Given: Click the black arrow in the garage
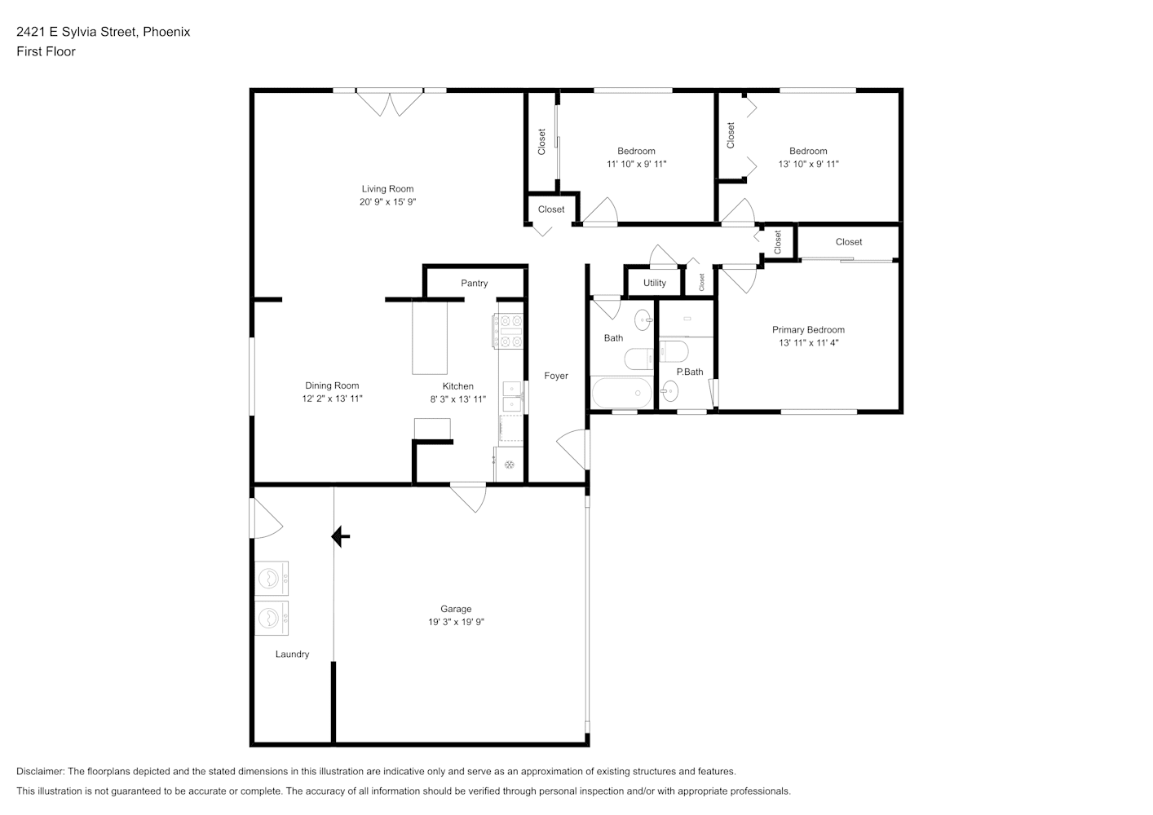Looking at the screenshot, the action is pos(340,536).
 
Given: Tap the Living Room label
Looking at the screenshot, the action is pos(387,189).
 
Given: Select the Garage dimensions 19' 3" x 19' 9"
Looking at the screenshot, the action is pos(456,622).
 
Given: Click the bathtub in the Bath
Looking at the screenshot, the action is pos(622,393).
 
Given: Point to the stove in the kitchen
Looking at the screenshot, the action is pos(509,332).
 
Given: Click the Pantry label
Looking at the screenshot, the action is pos(474,283).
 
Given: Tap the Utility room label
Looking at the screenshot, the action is pos(654,283).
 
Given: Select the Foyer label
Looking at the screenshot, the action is pos(556,376).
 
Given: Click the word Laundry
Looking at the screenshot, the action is pos(292,654).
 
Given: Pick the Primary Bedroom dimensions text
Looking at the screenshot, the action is pos(808,342).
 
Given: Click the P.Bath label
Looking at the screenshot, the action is pos(689,372).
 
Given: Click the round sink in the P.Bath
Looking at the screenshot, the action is pos(669,391).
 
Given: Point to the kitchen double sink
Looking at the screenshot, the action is pos(512,397).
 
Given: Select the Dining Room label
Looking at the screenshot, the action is pos(332,385).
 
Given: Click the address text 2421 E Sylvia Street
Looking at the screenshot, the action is pos(77,32).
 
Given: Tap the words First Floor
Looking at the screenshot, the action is pos(46,51).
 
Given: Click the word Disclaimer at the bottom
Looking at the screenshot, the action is pos(41,771).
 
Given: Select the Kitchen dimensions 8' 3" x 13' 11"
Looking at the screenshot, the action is pos(458,399).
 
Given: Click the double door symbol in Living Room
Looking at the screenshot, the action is pos(390,103).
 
